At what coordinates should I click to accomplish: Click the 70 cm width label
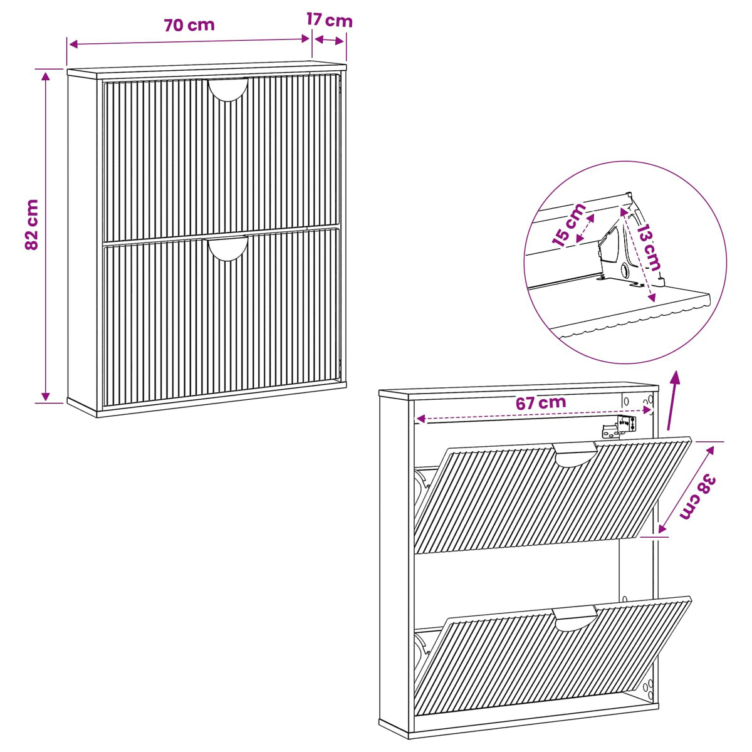[x=189, y=25]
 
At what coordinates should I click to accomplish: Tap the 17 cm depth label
[x=329, y=20]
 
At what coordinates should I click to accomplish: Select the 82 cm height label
[x=32, y=224]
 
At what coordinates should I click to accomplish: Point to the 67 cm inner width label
[x=540, y=403]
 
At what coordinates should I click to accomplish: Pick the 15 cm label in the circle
[x=568, y=225]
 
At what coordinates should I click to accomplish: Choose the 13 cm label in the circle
[x=649, y=248]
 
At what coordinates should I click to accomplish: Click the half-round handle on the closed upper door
[x=228, y=90]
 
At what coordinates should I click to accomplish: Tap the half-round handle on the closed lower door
[x=227, y=249]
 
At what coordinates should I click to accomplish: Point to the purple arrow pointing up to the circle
[x=674, y=400]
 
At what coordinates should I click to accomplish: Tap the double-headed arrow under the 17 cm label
[x=328, y=40]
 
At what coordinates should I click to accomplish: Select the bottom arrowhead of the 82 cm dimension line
[x=46, y=396]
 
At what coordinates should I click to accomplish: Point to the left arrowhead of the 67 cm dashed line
[x=420, y=419]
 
